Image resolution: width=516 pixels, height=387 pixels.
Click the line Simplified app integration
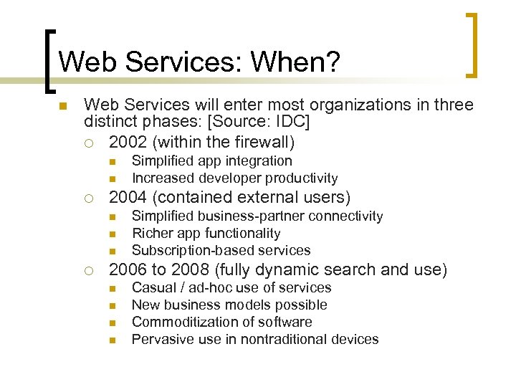coord(211,161)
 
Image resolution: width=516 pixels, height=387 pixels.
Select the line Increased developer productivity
coord(234,178)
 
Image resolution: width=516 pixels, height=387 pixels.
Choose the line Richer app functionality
coord(206,233)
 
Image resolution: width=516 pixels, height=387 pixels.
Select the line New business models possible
coord(224,305)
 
